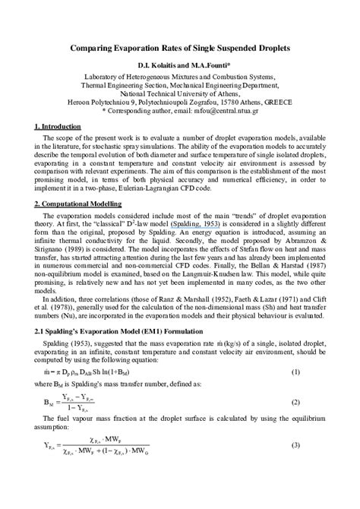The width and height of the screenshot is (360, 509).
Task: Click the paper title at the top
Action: pyautogui.click(x=180, y=47)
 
